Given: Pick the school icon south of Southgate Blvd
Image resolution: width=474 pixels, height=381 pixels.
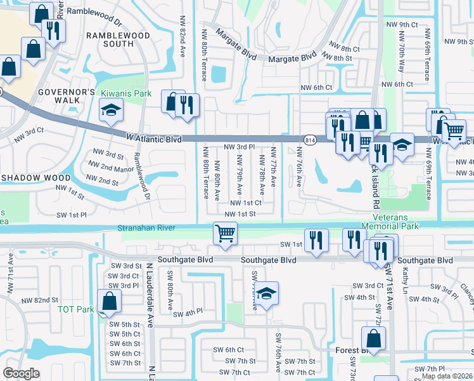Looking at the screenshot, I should coord(267,293).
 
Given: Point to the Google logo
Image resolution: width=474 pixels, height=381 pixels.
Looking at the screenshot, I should coord(22,373).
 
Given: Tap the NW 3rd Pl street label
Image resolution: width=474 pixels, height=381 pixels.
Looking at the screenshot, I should coord(240,147).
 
